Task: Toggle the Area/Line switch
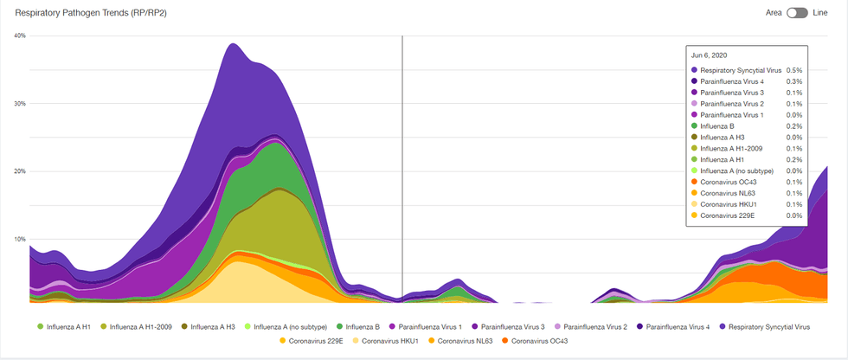pos(797,13)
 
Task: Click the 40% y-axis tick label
pos(20,35)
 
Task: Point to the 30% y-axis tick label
pos(20,103)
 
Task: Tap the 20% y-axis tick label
pos(20,171)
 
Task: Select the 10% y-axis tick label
pos(20,239)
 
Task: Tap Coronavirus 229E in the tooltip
pos(728,215)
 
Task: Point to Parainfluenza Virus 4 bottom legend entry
pos(677,327)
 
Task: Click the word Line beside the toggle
pos(820,13)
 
